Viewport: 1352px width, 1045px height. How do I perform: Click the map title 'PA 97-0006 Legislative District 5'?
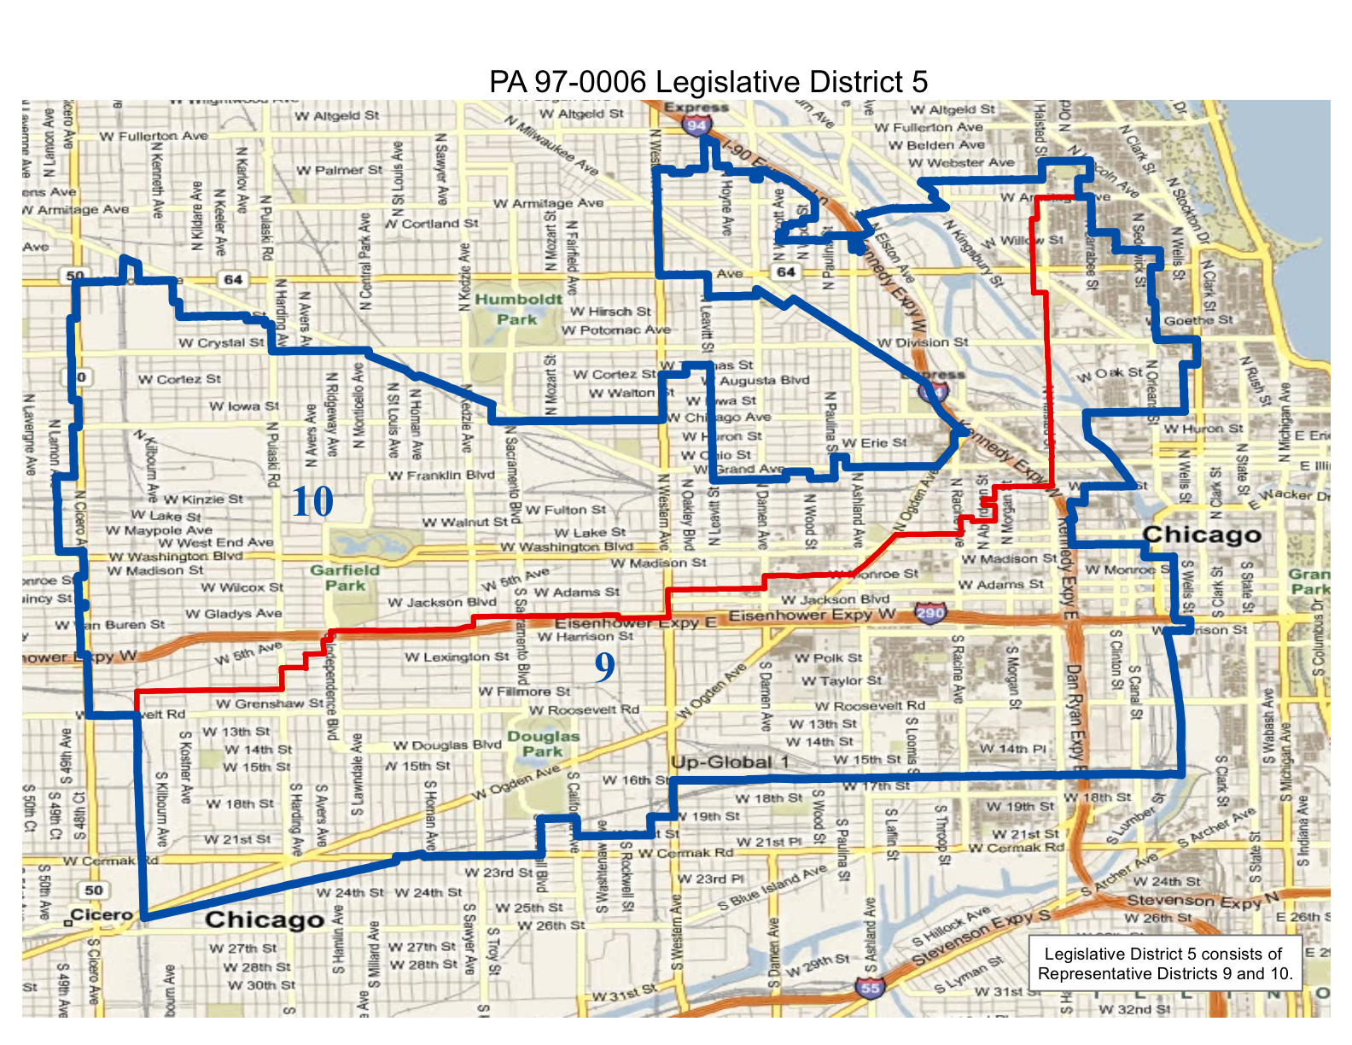(x=708, y=82)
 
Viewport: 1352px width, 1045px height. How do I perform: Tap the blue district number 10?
(x=312, y=502)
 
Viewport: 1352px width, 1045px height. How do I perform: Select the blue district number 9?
(x=604, y=667)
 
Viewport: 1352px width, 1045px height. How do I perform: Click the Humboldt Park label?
(x=518, y=309)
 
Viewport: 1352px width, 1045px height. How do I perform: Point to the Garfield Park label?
(x=345, y=578)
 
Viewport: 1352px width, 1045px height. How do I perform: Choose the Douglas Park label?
(x=544, y=744)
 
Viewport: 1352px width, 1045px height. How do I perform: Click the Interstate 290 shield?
(x=929, y=613)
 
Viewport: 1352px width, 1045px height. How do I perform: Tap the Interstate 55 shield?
(x=869, y=988)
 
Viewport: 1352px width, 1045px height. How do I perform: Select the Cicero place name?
(x=101, y=915)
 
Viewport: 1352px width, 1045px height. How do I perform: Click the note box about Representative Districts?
(x=1165, y=964)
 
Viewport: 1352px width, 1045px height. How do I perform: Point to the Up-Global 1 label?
(x=730, y=762)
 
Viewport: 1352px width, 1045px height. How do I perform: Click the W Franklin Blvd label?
(x=441, y=476)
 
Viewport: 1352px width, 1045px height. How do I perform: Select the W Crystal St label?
(x=221, y=343)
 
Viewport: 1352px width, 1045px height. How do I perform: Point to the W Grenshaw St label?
(x=270, y=704)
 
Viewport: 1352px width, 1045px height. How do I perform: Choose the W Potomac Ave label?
(x=615, y=330)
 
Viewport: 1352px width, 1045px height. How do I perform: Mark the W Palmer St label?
(x=339, y=171)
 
